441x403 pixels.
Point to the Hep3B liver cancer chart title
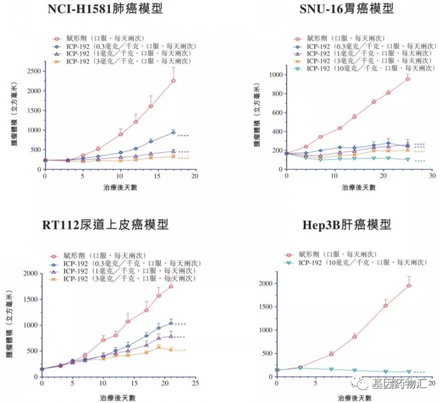pyautogui.click(x=347, y=225)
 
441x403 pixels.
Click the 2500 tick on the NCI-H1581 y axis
pyautogui.click(x=34, y=71)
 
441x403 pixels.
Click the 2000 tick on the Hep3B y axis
pyautogui.click(x=268, y=283)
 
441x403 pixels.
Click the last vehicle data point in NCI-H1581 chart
pyautogui.click(x=173, y=80)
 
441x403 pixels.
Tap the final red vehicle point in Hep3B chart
pyautogui.click(x=408, y=286)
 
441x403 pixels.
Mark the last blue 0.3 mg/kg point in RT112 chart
pyautogui.click(x=171, y=323)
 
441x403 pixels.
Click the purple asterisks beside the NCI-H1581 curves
pyautogui.click(x=184, y=152)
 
